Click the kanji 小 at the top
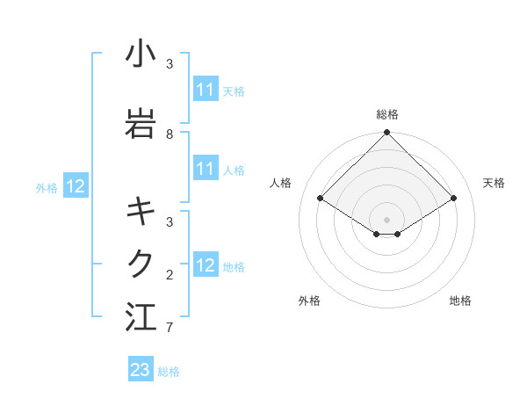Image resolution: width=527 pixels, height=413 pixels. (x=141, y=54)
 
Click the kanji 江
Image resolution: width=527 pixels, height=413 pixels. (x=141, y=317)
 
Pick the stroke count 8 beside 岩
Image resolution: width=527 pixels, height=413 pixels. (x=170, y=134)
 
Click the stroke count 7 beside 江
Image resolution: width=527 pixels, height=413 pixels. (x=170, y=328)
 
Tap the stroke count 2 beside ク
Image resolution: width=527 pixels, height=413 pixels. (x=170, y=275)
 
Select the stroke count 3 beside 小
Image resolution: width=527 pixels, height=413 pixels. (x=170, y=64)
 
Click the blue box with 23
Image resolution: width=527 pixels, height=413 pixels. (x=141, y=370)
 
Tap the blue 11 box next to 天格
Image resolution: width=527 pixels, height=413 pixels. (x=206, y=90)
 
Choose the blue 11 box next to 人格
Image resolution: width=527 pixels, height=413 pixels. (x=206, y=169)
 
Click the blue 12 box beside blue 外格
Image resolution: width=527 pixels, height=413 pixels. (x=76, y=186)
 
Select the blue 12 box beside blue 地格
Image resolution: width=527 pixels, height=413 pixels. (x=206, y=265)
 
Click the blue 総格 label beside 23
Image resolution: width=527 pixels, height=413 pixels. (x=169, y=372)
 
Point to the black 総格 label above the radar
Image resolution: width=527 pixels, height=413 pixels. (x=387, y=114)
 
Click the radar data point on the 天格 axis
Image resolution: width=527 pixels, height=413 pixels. (x=454, y=199)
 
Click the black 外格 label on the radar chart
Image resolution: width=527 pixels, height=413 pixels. (x=309, y=301)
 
